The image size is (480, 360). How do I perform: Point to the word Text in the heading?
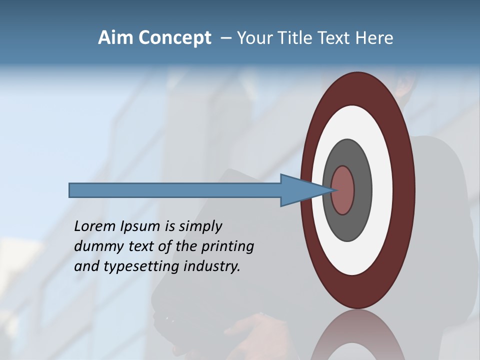click(334, 38)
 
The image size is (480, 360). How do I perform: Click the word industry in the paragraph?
click(212, 267)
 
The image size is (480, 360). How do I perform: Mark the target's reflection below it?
click(358, 337)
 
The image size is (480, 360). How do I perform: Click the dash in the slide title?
click(225, 38)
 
